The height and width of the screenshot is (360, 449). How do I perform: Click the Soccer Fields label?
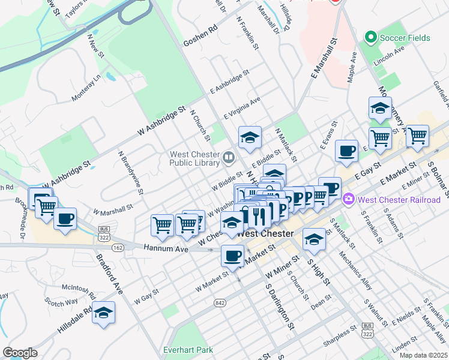pos(405,38)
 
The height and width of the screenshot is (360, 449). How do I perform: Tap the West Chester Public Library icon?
pos(228,158)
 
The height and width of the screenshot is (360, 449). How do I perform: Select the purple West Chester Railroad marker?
pos(348,199)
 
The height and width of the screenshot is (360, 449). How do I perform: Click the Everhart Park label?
pos(188,349)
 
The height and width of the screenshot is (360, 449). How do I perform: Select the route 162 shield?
pos(117,247)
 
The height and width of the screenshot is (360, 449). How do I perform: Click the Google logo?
pos(20,353)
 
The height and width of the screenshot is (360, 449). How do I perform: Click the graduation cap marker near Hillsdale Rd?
pos(104,313)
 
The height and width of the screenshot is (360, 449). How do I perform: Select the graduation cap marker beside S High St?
pos(313,239)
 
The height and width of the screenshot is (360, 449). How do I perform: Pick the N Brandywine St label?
pos(130,173)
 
